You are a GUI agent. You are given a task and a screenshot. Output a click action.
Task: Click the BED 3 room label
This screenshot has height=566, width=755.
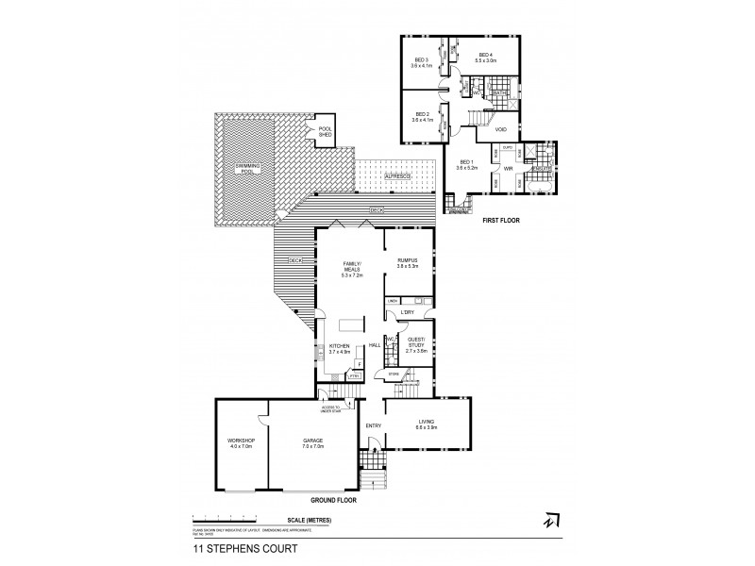[x=421, y=60]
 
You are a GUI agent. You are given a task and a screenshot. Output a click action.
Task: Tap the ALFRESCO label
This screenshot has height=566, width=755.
[x=396, y=176]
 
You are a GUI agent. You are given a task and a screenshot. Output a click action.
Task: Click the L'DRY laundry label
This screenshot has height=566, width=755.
[x=409, y=312]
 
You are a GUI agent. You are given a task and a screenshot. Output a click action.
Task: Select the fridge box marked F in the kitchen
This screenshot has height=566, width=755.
[x=360, y=362]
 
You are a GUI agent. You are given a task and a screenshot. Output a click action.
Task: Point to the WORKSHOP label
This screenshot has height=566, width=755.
[x=241, y=441]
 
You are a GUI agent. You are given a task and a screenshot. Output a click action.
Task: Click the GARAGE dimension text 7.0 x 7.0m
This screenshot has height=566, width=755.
[x=313, y=446]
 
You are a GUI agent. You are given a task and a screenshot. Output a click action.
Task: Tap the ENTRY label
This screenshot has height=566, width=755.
[x=373, y=425]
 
